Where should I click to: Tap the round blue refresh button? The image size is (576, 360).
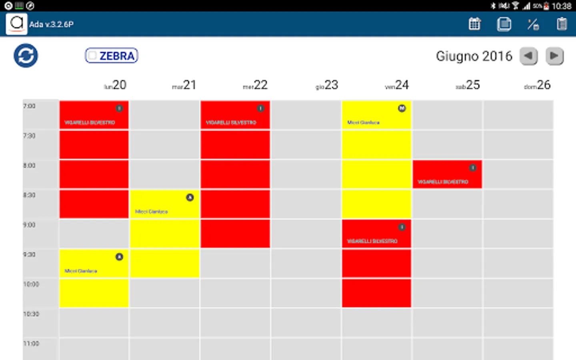tap(26, 56)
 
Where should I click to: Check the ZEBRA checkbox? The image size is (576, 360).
tap(92, 56)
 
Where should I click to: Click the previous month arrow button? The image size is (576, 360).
tap(528, 56)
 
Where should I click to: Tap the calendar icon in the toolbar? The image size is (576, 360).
tap(475, 24)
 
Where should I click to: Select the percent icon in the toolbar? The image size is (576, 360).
tap(533, 24)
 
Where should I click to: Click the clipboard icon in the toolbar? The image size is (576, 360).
tap(562, 24)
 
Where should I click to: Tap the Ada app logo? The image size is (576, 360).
tap(16, 24)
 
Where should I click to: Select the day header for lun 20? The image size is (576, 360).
tap(115, 85)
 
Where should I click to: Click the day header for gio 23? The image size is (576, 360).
tap(327, 85)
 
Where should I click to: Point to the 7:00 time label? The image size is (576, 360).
tap(29, 106)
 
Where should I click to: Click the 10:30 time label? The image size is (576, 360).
tap(31, 314)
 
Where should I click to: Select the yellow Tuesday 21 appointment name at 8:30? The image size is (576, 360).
tap(152, 212)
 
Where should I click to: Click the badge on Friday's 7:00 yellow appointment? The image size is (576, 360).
tap(402, 108)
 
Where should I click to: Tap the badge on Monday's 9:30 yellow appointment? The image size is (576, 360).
tap(119, 257)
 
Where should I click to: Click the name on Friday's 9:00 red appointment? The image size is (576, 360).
tap(372, 241)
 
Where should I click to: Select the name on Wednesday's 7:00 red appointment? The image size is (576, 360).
tap(231, 122)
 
